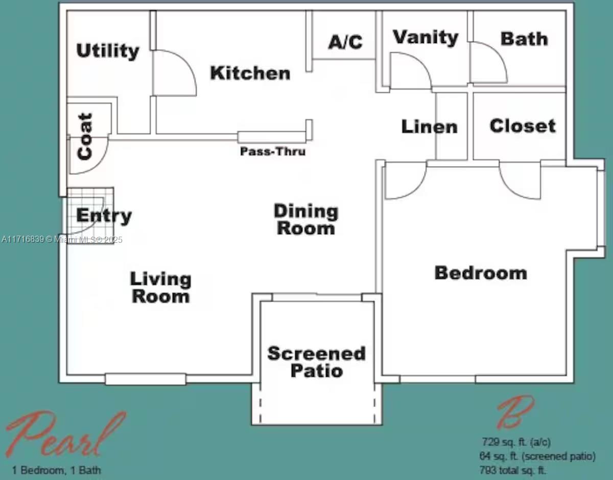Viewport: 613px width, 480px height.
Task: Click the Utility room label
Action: pyautogui.click(x=108, y=51)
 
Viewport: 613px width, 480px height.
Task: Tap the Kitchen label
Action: pyautogui.click(x=250, y=73)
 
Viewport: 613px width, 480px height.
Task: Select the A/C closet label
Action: pyautogui.click(x=345, y=42)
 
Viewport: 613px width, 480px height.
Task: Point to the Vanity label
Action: pyautogui.click(x=426, y=38)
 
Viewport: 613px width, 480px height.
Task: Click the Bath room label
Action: pyautogui.click(x=524, y=39)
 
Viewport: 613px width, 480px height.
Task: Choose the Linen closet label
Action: pyautogui.click(x=429, y=127)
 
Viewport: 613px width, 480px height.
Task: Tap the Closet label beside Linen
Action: pyautogui.click(x=522, y=126)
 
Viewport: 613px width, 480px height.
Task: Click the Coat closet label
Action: pyautogui.click(x=85, y=136)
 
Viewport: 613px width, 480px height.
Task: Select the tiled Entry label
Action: pyautogui.click(x=104, y=216)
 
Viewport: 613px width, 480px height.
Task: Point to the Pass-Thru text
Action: pyautogui.click(x=273, y=152)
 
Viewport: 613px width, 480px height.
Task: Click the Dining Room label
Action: pyautogui.click(x=306, y=219)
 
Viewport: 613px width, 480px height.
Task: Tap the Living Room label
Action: pyautogui.click(x=161, y=287)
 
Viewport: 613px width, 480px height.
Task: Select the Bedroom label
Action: pyautogui.click(x=480, y=272)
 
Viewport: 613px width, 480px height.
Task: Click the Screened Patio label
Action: pyautogui.click(x=317, y=361)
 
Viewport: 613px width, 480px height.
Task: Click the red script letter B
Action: pyautogui.click(x=515, y=412)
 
